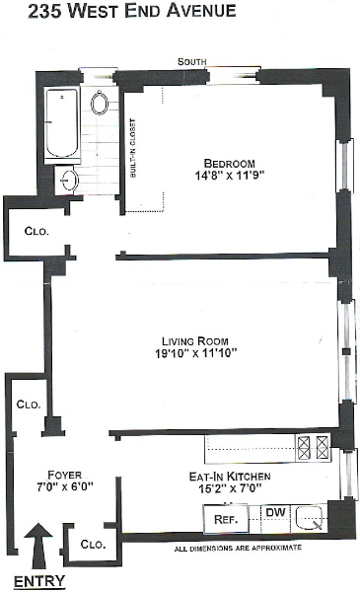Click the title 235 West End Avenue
tap(132, 11)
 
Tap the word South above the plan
tap(192, 61)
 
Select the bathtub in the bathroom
tap(62, 123)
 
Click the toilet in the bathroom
tap(100, 102)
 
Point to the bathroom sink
tap(69, 181)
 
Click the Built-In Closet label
tap(132, 148)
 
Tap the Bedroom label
tap(230, 164)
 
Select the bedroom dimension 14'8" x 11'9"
tap(230, 176)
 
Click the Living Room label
tap(195, 341)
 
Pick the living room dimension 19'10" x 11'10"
tap(196, 353)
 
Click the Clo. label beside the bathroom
tap(36, 231)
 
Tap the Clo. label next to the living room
tap(29, 405)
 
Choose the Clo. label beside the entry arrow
tap(93, 544)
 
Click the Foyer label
tap(64, 475)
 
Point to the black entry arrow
tap(38, 546)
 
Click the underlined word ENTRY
tap(39, 581)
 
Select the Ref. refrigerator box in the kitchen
tap(226, 519)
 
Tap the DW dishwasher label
tap(276, 512)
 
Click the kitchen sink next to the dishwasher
tap(310, 517)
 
